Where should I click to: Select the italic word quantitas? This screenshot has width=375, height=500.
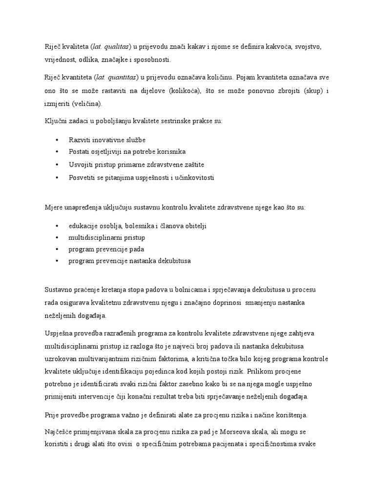tap(121, 77)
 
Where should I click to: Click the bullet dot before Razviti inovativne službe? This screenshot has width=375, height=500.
tap(58, 140)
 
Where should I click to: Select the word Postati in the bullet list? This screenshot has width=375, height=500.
tap(80, 152)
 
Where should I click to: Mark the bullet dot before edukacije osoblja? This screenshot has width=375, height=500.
tap(58, 226)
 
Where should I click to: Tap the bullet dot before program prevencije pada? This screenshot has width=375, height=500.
tap(58, 250)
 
